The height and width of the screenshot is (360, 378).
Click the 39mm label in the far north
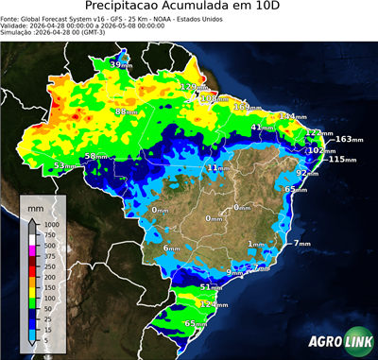tap(121, 63)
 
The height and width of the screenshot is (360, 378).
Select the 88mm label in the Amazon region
tap(125, 111)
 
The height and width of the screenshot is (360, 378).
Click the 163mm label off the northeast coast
tap(347, 140)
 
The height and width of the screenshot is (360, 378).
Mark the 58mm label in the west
tap(96, 156)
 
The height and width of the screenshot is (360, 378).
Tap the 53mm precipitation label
tap(64, 165)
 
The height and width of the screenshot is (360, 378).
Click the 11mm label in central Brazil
tap(216, 167)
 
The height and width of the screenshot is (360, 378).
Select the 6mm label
tap(171, 248)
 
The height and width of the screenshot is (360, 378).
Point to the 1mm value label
tap(256, 244)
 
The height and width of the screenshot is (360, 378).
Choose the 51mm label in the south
tap(211, 287)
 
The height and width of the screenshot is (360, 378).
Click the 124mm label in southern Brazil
tap(215, 305)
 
